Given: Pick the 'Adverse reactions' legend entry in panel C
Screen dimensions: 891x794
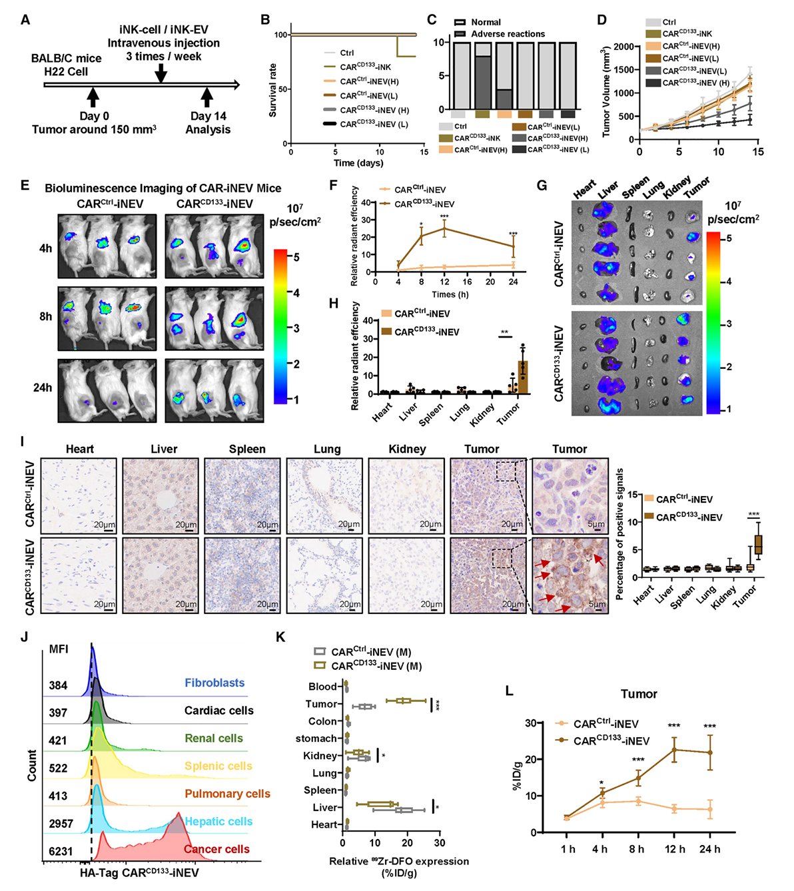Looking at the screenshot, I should [508, 34].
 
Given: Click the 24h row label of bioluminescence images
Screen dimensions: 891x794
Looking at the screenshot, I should [45, 387].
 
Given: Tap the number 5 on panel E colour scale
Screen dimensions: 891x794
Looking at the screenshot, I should [296, 256].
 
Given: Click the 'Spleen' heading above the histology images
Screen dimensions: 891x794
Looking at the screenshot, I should [246, 449].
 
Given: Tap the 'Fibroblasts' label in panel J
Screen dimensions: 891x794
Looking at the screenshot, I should [214, 683].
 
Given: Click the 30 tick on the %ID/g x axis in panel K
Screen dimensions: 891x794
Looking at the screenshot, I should [439, 842].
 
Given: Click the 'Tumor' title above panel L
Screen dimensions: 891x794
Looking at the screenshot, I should [639, 694].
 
